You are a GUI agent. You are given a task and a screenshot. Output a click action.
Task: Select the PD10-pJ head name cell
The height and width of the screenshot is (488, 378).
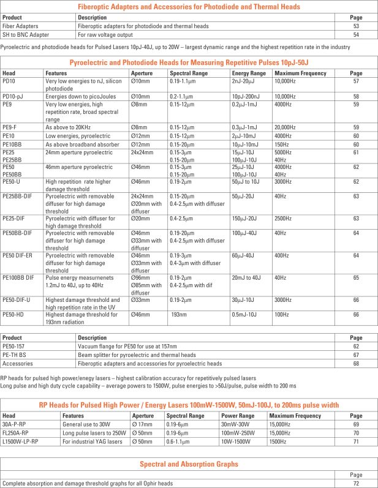pos(13,97)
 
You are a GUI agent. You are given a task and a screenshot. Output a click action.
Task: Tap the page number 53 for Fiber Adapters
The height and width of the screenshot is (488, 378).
pos(356,26)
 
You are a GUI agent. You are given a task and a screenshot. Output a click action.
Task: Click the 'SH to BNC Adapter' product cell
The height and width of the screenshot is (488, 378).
pos(26,35)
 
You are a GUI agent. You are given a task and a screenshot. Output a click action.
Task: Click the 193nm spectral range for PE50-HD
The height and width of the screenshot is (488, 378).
pos(179,314)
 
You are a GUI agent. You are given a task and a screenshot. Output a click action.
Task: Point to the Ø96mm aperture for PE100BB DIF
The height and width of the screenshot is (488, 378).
pos(141,277)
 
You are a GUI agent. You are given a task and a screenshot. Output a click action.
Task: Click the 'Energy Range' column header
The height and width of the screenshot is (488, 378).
pos(249,73)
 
